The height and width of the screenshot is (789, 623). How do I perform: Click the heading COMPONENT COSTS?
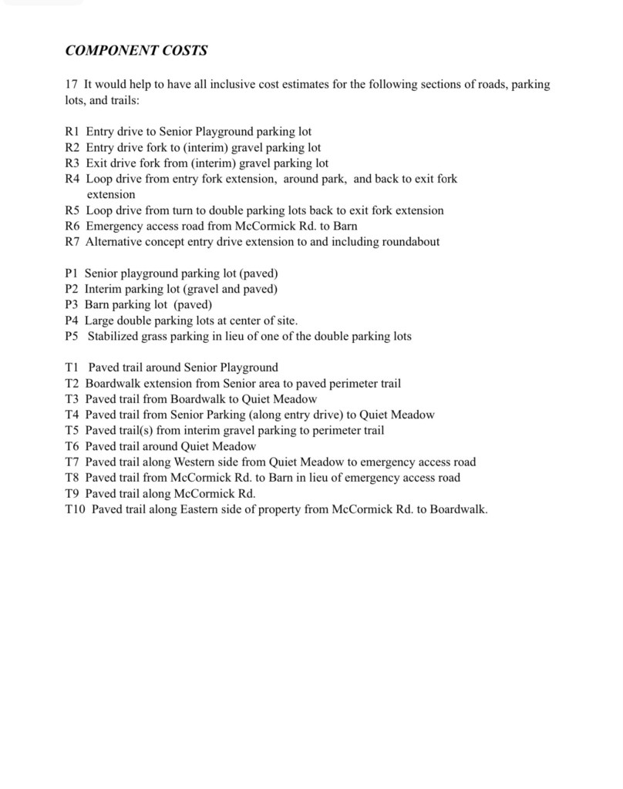click(x=136, y=51)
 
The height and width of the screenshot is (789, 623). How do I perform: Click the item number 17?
click(x=72, y=85)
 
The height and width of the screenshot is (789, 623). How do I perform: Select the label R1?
click(x=72, y=132)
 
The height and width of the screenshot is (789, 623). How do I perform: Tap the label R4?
click(x=72, y=179)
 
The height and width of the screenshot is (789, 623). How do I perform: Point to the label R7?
click(x=72, y=242)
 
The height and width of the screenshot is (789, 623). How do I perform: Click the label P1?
click(x=72, y=274)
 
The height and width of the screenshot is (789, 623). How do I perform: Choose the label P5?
click(x=72, y=336)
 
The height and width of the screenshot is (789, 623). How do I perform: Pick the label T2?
click(x=72, y=383)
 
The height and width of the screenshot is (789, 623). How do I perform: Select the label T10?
click(x=75, y=509)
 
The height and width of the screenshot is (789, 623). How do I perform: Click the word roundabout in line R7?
click(x=411, y=242)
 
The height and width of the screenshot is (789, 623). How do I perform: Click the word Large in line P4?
click(x=99, y=321)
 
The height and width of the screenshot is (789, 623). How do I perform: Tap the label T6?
click(x=72, y=446)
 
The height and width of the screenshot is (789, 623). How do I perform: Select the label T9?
click(x=72, y=493)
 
